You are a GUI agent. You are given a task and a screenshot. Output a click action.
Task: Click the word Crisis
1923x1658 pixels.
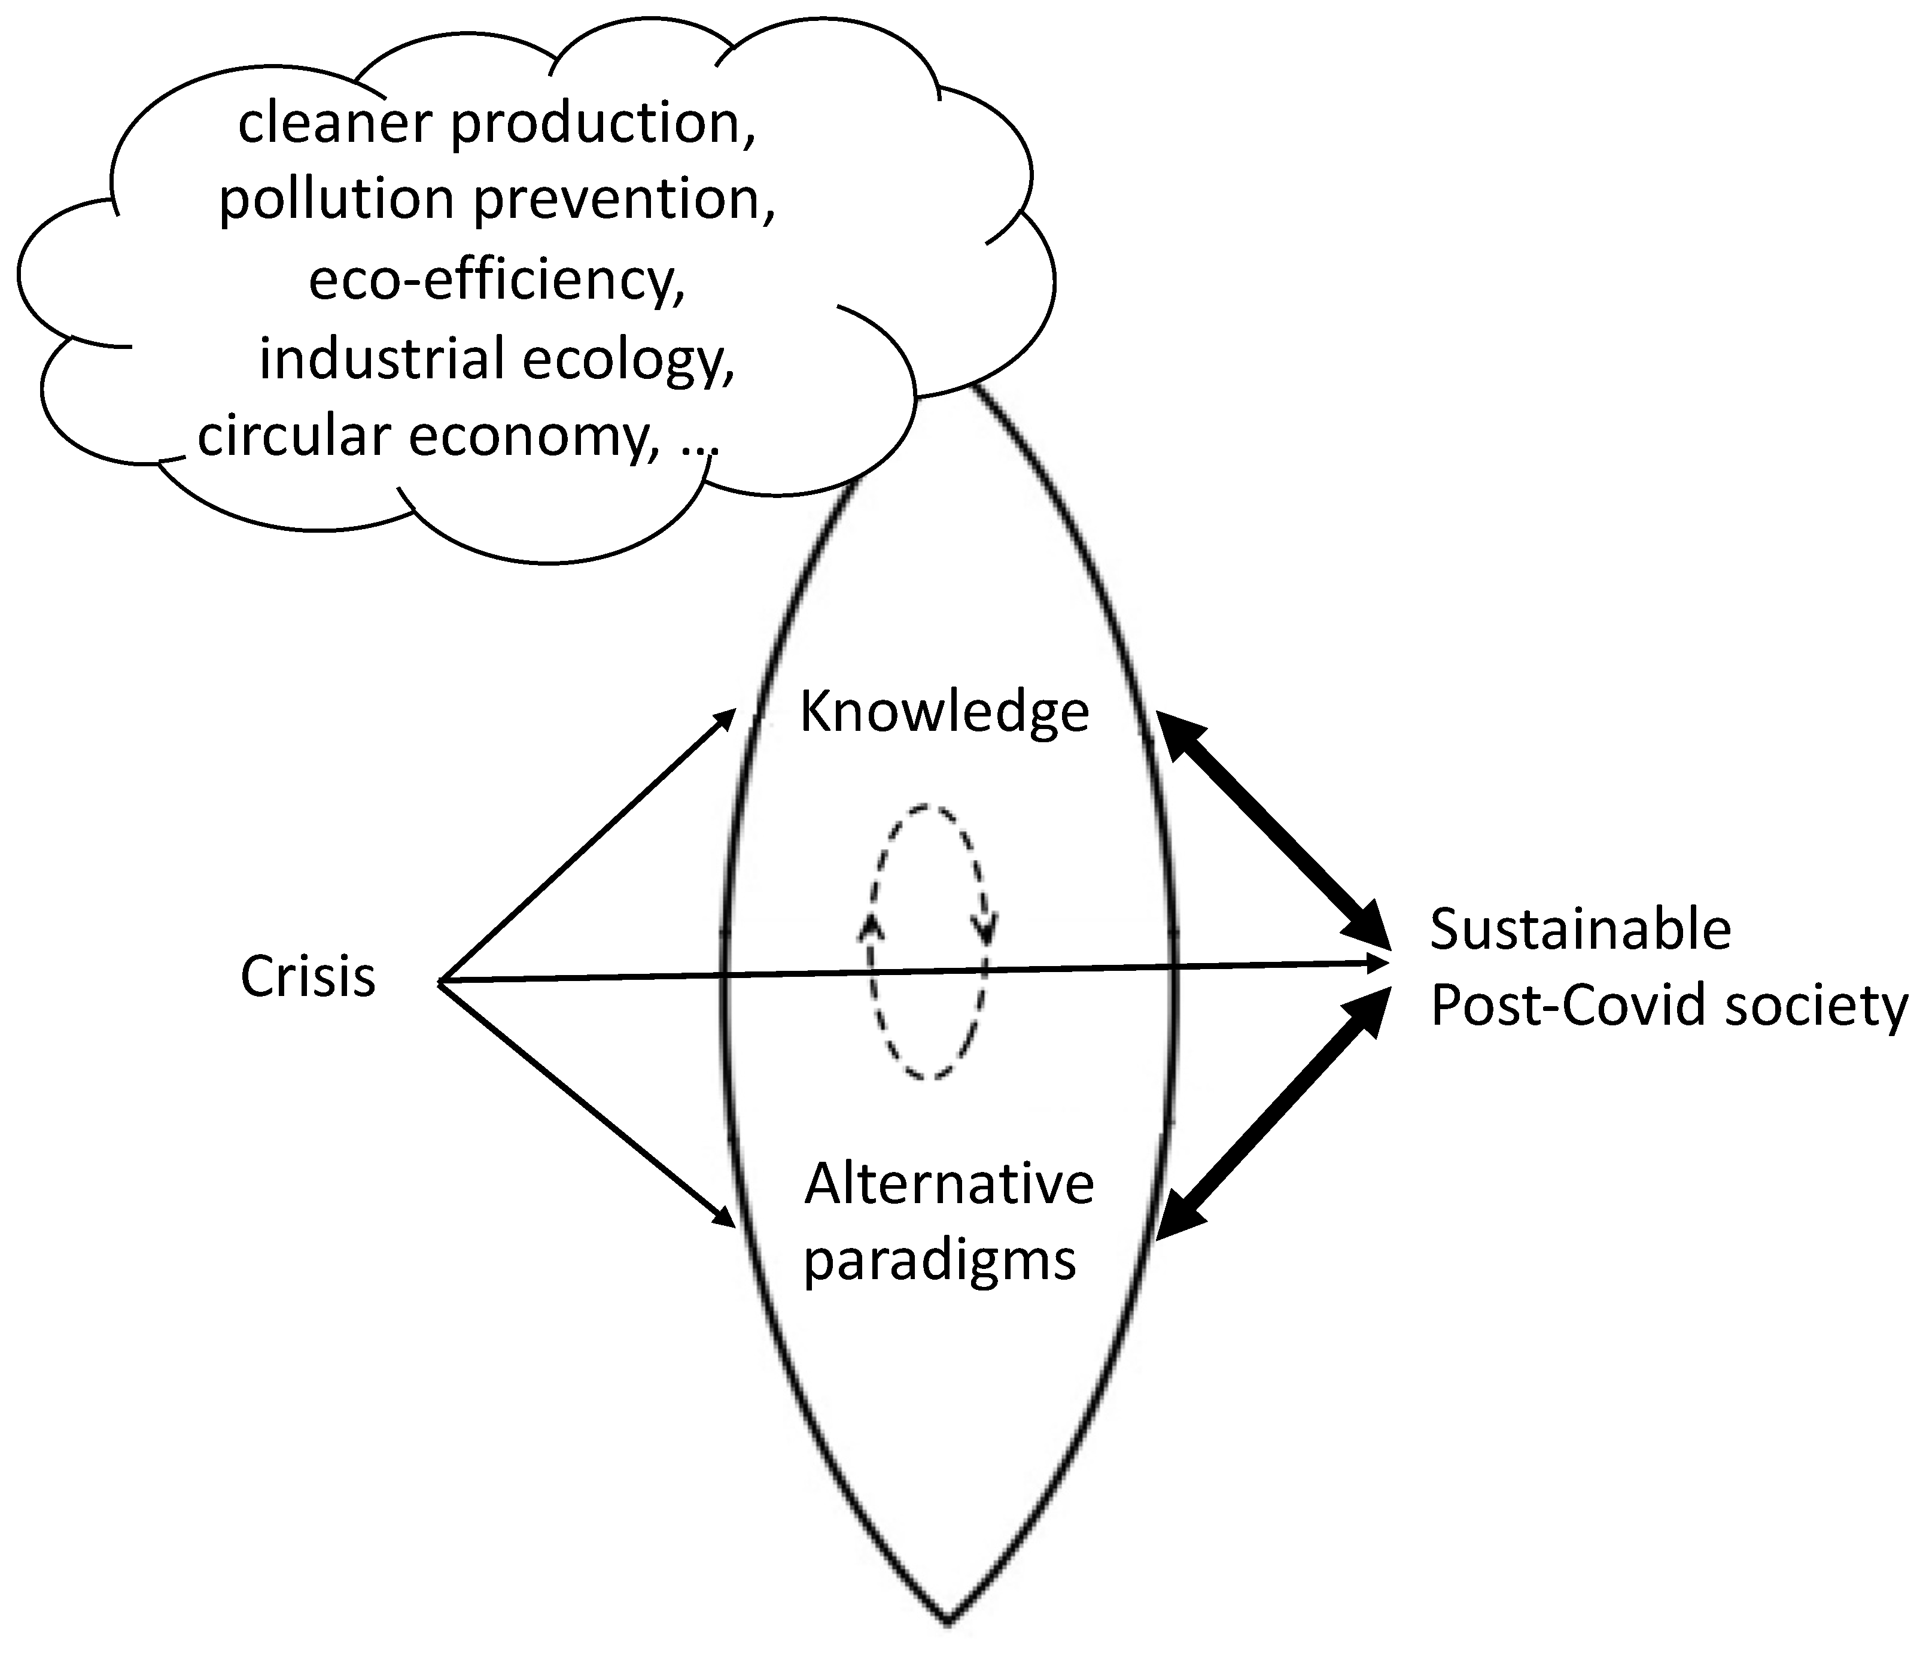pos(308,977)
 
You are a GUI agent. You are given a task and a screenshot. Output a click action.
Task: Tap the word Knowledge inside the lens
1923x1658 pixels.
pos(944,713)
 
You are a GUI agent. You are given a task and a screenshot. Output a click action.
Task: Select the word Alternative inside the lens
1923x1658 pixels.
pos(948,1185)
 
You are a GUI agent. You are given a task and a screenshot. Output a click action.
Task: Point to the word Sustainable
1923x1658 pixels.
pos(1580,930)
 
